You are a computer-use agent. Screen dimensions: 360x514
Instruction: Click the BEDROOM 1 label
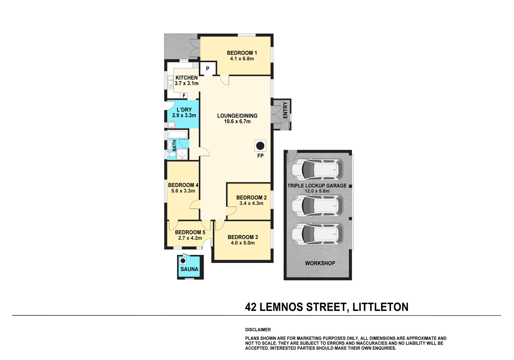click(242, 53)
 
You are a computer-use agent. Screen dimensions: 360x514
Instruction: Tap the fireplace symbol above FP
click(260, 146)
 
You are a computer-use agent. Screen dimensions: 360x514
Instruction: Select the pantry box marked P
click(208, 69)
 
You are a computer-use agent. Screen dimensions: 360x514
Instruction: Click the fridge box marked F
click(184, 95)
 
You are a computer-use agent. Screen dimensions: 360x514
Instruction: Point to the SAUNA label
click(189, 269)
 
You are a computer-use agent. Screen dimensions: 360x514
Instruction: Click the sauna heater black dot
click(183, 261)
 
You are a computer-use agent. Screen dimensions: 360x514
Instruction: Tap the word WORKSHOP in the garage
click(320, 263)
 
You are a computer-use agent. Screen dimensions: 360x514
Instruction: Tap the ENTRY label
click(285, 110)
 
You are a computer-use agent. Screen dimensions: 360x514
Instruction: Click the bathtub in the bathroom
click(177, 134)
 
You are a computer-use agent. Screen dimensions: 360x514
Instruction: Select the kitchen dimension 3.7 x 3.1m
click(186, 83)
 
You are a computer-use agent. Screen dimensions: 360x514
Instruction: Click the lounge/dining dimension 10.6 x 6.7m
click(237, 121)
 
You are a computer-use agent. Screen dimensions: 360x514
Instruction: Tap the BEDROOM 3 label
click(243, 237)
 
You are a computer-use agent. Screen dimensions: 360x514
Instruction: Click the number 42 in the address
click(251, 307)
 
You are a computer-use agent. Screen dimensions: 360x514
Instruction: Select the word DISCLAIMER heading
click(258, 329)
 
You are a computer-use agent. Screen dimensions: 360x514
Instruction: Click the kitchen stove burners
click(195, 66)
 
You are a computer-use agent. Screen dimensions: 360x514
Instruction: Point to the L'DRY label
click(184, 110)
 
